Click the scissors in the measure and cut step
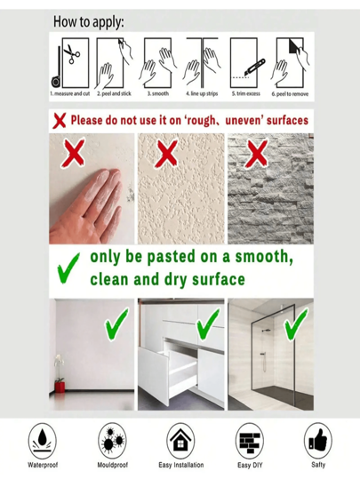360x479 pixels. (x=72, y=54)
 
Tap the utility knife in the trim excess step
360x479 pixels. (x=255, y=68)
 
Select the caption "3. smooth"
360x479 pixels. (x=157, y=93)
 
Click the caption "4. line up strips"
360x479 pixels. (x=202, y=93)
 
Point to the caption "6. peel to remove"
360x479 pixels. (x=290, y=94)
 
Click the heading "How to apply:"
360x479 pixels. (x=89, y=22)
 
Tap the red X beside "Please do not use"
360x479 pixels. (x=60, y=121)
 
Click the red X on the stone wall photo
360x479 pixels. (x=257, y=154)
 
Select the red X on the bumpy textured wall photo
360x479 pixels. (x=166, y=154)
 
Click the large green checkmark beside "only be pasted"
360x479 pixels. (x=68, y=268)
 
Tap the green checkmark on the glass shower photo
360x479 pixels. (x=296, y=324)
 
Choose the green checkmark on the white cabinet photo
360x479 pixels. (x=208, y=324)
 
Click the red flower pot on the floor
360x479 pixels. (x=60, y=386)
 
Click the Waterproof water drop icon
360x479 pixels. (x=43, y=441)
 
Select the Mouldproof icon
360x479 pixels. (x=113, y=441)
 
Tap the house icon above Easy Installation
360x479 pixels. (x=180, y=440)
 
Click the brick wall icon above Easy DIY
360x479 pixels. (x=250, y=441)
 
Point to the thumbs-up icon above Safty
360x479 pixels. (x=318, y=440)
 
